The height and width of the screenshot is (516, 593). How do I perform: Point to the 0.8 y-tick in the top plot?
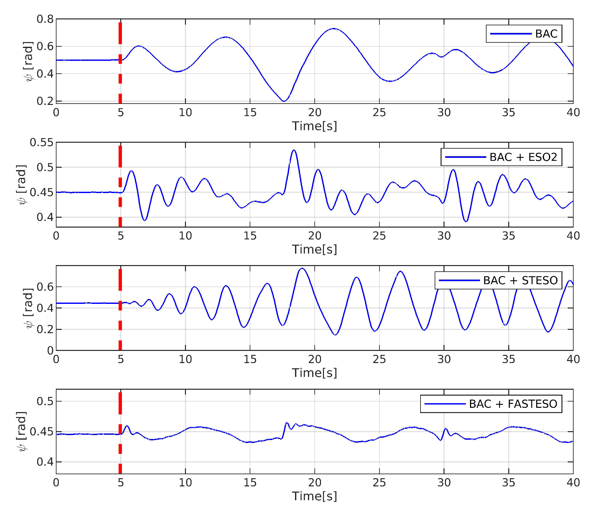coord(45,19)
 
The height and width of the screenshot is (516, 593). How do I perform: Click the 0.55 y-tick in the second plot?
coord(41,142)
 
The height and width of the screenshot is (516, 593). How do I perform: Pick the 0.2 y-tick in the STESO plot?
coord(45,329)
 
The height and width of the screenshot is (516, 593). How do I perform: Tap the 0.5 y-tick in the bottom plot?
coord(45,401)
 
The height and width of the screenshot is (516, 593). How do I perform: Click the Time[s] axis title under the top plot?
coord(314,126)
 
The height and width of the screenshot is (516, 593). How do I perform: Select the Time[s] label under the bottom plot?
coord(314,496)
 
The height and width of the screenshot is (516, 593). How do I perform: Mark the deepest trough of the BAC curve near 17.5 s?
coord(284,101)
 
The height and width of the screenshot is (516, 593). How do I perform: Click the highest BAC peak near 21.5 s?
coord(333,29)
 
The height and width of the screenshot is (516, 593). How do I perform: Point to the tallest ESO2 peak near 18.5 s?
coord(294,150)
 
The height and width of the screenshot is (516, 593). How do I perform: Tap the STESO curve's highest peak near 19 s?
coord(302,269)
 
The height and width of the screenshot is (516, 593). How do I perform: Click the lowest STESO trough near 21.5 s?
coord(335,335)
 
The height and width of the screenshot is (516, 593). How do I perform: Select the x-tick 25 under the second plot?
coord(379,236)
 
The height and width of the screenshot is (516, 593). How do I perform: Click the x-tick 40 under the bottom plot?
coord(573,482)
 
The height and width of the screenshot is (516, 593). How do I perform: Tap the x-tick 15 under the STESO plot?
coord(250,359)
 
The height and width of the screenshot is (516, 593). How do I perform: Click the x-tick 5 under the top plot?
coord(121,112)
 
